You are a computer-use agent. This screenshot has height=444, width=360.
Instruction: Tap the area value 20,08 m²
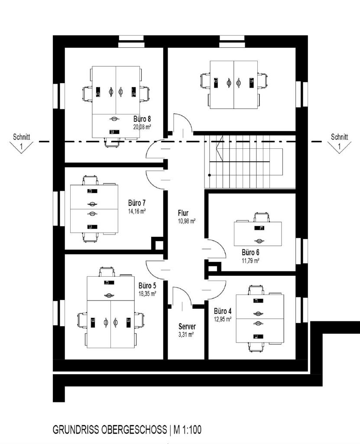(142, 126)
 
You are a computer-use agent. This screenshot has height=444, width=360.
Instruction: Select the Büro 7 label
(136, 203)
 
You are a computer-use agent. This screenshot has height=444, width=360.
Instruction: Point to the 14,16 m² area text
(136, 211)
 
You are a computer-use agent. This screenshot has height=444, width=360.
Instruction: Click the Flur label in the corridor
(184, 213)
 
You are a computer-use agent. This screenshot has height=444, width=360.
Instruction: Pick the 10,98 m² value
(187, 221)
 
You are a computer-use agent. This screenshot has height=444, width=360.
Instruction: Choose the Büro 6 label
(250, 252)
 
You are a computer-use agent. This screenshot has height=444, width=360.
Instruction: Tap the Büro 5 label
(147, 286)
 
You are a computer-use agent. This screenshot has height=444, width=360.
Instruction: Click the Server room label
(187, 326)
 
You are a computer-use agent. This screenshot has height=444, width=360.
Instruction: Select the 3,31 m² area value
(186, 334)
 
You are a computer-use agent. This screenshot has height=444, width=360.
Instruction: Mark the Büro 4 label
(223, 311)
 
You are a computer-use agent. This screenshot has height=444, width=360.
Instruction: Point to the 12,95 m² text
(223, 319)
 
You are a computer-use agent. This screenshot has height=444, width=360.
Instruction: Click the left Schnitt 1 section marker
(21, 142)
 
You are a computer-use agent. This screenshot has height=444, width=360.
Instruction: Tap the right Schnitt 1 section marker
(339, 142)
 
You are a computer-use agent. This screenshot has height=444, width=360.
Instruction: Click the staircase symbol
(245, 161)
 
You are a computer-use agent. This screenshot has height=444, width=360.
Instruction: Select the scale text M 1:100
(188, 430)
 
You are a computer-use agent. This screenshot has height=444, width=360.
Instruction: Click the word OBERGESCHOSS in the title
(129, 430)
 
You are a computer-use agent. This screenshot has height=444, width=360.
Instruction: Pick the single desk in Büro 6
(258, 233)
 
